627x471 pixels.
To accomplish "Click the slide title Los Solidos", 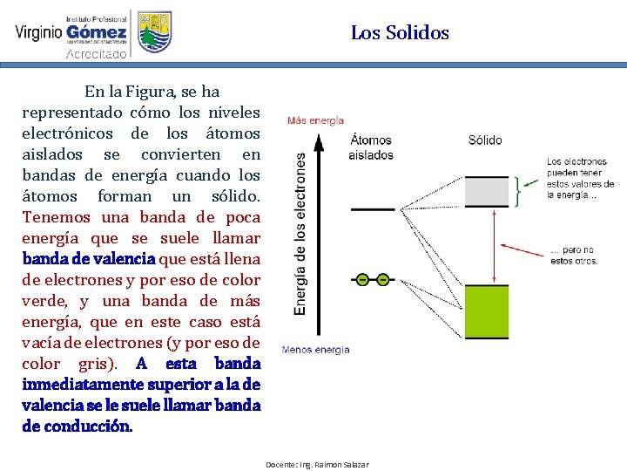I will (400, 33).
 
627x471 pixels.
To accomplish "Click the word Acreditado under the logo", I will (97, 54).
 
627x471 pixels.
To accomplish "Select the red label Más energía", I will (315, 121).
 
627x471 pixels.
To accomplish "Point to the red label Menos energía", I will (315, 350).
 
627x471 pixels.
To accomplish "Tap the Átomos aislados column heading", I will (371, 147).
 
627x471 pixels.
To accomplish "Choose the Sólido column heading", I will (485, 140).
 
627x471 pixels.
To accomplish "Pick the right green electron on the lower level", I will (382, 280).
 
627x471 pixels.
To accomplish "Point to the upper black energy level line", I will (373, 209).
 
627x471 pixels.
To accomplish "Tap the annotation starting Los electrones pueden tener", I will (580, 178).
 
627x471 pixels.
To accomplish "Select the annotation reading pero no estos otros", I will (573, 255).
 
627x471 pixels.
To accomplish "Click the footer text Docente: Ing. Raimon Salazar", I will (317, 464).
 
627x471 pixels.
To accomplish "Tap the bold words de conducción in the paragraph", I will (78, 427).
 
